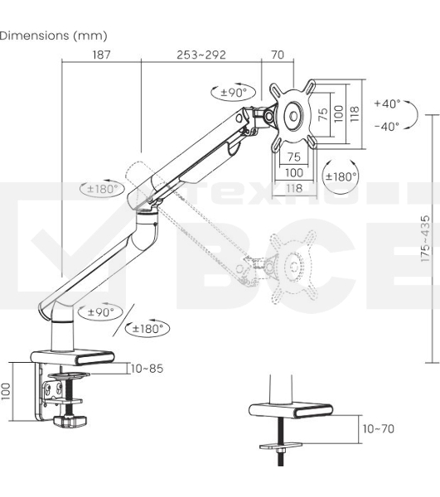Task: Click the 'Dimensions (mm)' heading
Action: click(53, 36)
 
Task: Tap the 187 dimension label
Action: click(101, 55)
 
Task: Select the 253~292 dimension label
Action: click(201, 55)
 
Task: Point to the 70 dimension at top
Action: click(278, 55)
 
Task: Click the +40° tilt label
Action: click(387, 104)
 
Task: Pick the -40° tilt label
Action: click(387, 127)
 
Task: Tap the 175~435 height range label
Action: click(426, 239)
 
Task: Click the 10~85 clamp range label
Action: click(147, 369)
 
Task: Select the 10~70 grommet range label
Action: click(379, 429)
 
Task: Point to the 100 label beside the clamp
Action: click(6, 392)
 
